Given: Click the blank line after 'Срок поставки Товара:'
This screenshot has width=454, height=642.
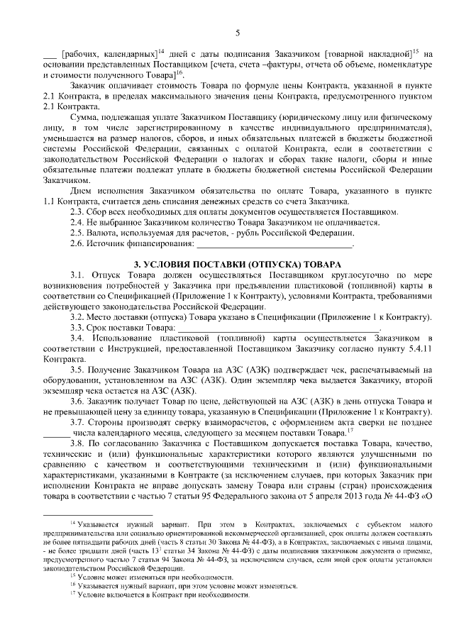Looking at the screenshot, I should (x=277, y=328).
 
